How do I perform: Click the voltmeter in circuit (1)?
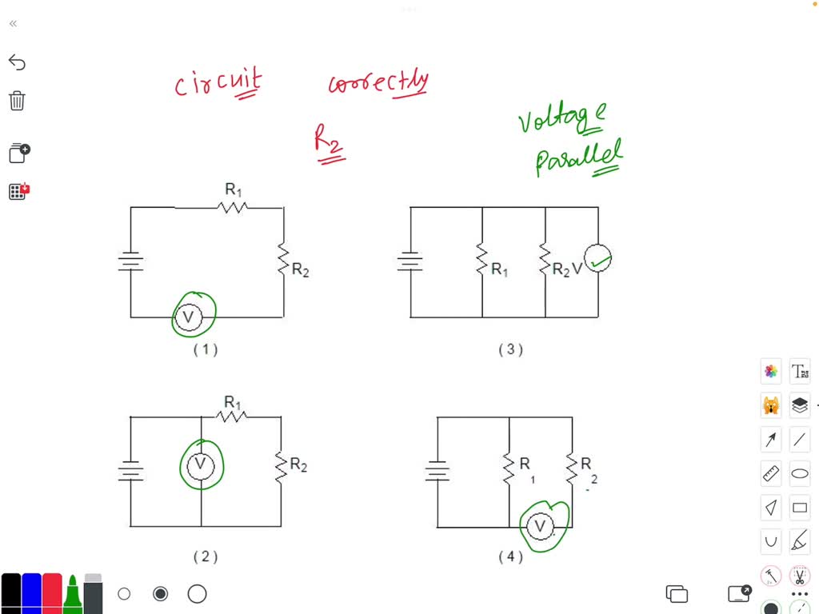pos(189,317)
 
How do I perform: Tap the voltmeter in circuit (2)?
pos(201,464)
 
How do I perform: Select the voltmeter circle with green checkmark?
pos(597,258)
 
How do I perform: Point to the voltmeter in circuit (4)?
pos(541,526)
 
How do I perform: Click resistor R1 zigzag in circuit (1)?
pos(233,207)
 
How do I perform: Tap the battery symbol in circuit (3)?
pos(410,261)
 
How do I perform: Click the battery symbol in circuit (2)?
pos(130,472)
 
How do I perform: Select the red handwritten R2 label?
pos(328,145)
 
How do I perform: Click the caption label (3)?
pos(510,349)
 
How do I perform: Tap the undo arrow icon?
pos(17,62)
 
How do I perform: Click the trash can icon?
pos(17,101)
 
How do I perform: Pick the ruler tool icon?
pos(771,473)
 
